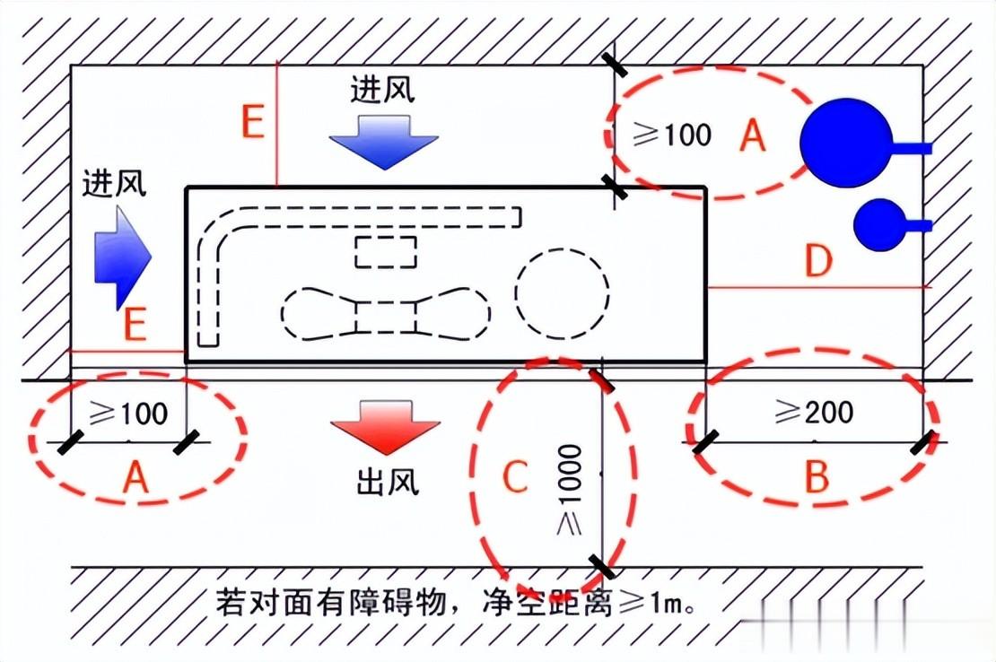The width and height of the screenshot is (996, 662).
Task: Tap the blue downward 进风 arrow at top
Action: [x=384, y=142]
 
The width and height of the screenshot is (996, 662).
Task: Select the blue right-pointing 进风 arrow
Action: [x=122, y=257]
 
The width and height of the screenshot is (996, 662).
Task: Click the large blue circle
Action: [x=846, y=144]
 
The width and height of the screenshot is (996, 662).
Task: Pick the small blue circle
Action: [x=879, y=225]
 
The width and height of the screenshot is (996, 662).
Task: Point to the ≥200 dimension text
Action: [x=814, y=413]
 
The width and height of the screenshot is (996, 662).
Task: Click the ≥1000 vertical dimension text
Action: [x=569, y=489]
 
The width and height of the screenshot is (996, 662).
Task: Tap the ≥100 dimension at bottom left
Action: [x=128, y=414]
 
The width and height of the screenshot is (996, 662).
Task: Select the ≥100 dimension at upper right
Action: [x=672, y=135]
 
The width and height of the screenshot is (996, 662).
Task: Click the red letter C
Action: [x=515, y=476]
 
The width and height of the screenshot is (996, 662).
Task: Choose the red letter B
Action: [x=817, y=476]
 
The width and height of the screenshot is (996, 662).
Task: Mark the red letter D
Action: [x=818, y=260]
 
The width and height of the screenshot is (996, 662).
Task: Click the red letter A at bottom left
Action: [x=135, y=476]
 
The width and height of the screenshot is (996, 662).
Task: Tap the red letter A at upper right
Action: [x=753, y=135]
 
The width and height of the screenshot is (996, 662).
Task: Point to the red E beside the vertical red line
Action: [x=253, y=122]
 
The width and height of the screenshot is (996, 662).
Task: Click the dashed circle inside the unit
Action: [x=562, y=293]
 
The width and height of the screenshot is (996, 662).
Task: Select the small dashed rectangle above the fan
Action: [x=386, y=252]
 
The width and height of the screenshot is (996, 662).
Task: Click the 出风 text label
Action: [x=388, y=483]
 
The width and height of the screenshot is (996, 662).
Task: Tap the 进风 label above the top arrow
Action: [x=382, y=89]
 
